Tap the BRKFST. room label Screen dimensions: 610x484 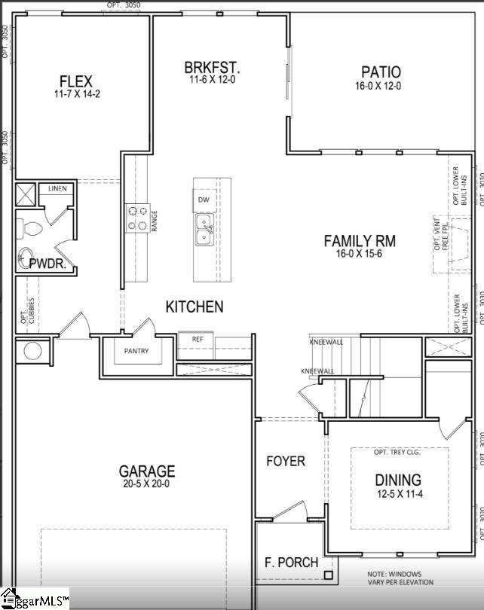[x=213, y=68]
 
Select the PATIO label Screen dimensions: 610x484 [x=381, y=72]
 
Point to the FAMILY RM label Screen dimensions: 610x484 [x=360, y=241]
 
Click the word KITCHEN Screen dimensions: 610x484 [x=195, y=307]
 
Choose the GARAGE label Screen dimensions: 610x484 [x=146, y=471]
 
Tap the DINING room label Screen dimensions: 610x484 [x=398, y=480]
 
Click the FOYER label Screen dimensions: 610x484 [x=286, y=460]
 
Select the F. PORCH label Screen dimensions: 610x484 [x=291, y=563]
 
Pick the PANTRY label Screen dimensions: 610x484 [x=136, y=351]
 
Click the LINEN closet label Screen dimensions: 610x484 [x=57, y=188]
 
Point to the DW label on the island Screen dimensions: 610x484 [x=204, y=200]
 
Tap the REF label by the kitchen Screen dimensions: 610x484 [x=198, y=339]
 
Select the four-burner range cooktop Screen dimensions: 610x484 [x=136, y=218]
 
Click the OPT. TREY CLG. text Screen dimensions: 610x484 [x=397, y=452]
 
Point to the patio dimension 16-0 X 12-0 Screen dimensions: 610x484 [x=381, y=86]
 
